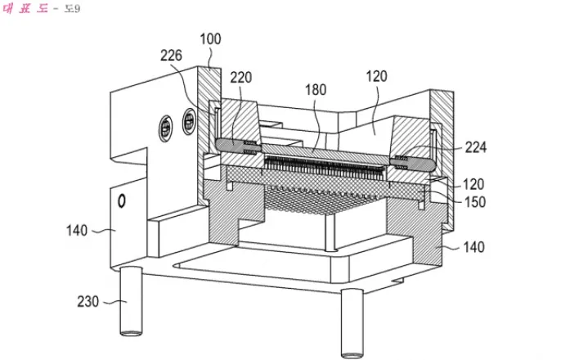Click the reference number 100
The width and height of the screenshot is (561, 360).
tap(210, 38)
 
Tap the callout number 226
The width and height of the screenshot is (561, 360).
tap(171, 56)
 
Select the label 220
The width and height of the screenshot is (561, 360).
tap(240, 77)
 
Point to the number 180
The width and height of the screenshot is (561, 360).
tap(316, 89)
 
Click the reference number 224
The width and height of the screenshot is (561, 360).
tap(475, 147)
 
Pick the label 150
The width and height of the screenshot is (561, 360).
tap(475, 202)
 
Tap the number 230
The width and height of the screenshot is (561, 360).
tap(88, 301)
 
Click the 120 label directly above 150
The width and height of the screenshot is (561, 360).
tap(473, 184)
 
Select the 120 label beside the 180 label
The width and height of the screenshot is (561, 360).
tap(376, 76)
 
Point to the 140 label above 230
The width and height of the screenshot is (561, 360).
tap(77, 230)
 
